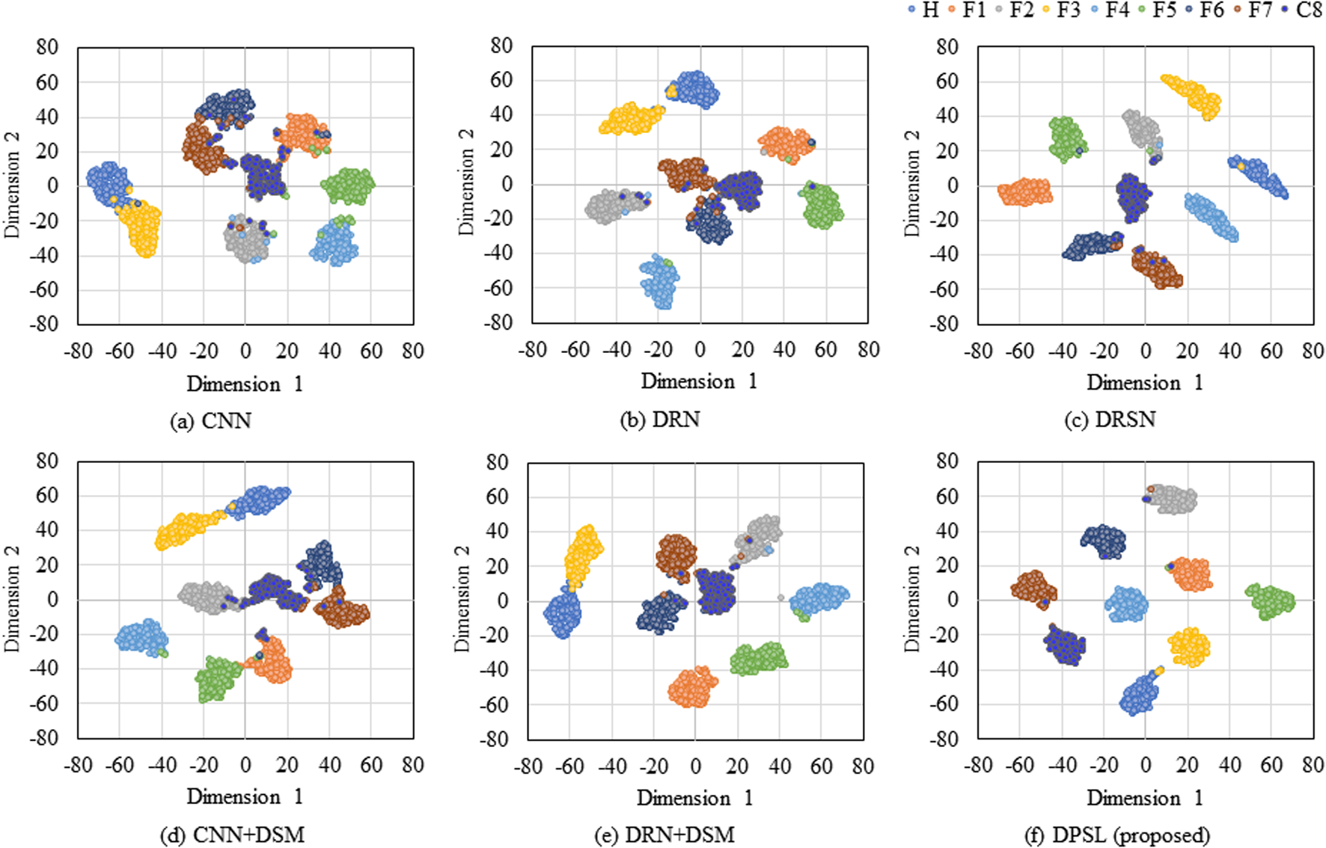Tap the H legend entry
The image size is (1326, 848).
pyautogui.click(x=923, y=10)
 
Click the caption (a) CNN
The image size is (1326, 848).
pyautogui.click(x=210, y=421)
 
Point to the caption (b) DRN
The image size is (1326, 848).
pyautogui.click(x=660, y=420)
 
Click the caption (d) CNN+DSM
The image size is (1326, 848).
pyautogui.click(x=233, y=835)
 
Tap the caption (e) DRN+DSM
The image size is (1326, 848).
pyautogui.click(x=664, y=835)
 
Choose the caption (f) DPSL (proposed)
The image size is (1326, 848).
pyautogui.click(x=1116, y=835)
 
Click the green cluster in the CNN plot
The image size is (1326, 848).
pyautogui.click(x=348, y=186)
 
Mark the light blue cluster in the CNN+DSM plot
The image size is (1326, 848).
pyautogui.click(x=142, y=638)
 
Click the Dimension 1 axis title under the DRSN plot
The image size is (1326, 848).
pyautogui.click(x=1145, y=382)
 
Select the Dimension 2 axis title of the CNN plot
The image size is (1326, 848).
pyautogui.click(x=12, y=185)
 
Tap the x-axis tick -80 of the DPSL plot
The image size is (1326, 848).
pyautogui.click(x=978, y=765)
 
